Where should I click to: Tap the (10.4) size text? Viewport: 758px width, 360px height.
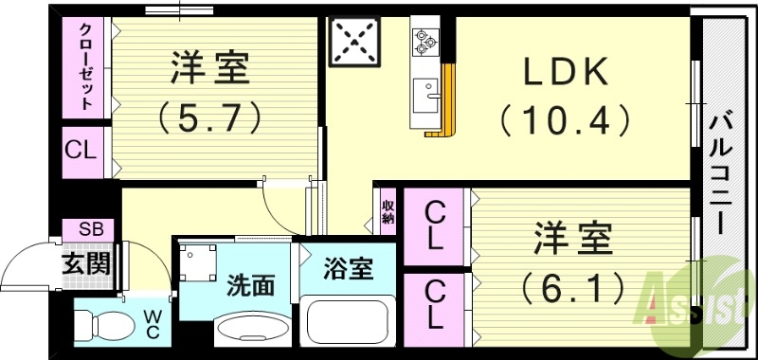coord(565,120)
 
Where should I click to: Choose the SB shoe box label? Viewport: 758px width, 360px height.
coord(88,229)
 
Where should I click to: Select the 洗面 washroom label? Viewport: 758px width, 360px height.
coord(253,285)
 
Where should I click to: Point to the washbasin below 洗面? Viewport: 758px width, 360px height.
coord(251,330)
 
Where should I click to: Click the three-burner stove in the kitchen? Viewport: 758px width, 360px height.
coord(423,41)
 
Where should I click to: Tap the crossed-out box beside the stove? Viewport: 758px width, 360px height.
coord(353,41)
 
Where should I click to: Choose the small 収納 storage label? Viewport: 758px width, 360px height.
coord(388,210)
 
